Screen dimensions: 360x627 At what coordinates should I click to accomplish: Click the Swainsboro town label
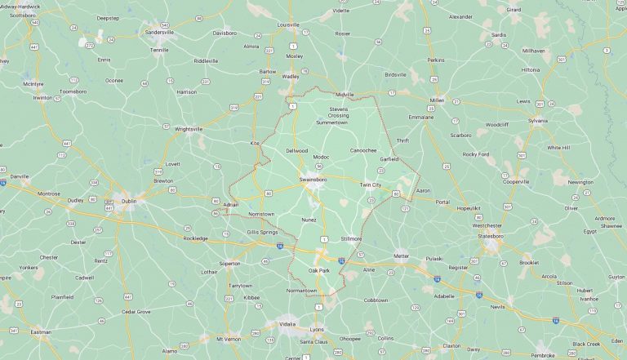(x=312, y=177)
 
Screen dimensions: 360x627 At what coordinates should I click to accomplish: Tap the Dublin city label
(x=125, y=199)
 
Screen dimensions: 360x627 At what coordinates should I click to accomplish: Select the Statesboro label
(x=491, y=236)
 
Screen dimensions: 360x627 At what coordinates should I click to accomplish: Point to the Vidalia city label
(x=287, y=324)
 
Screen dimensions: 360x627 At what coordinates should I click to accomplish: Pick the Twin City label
(x=370, y=185)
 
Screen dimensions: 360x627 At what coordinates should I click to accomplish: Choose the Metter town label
(x=401, y=256)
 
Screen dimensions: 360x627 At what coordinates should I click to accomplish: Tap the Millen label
(x=436, y=100)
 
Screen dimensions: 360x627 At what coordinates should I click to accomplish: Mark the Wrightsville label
(x=189, y=128)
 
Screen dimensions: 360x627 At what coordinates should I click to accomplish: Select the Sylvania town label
(x=537, y=120)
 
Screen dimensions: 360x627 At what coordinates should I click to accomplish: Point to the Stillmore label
(x=351, y=238)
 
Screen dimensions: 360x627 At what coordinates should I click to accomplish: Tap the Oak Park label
(x=318, y=270)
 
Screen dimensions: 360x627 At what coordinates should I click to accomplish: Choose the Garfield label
(x=389, y=159)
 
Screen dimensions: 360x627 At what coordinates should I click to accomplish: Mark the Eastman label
(x=41, y=332)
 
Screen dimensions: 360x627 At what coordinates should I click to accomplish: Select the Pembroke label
(x=543, y=355)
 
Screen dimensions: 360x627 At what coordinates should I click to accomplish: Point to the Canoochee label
(x=362, y=150)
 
